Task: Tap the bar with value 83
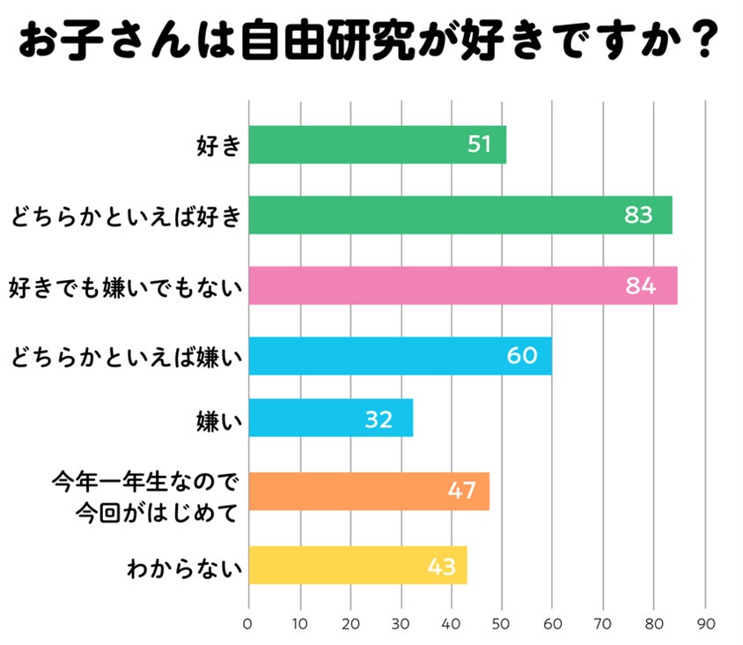[x=460, y=215]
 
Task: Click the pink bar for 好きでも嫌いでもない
[x=462, y=285]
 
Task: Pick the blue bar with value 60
[x=400, y=356]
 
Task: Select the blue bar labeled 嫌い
[x=330, y=418]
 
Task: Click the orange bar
[x=368, y=492]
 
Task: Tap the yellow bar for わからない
[x=357, y=566]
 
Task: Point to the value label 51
[x=479, y=145]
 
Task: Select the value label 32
[x=379, y=419]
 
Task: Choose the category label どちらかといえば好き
[x=126, y=215]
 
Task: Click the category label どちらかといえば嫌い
[x=126, y=357]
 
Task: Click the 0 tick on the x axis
[x=248, y=623]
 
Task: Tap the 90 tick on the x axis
[x=705, y=623]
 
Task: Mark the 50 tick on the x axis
[x=502, y=623]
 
